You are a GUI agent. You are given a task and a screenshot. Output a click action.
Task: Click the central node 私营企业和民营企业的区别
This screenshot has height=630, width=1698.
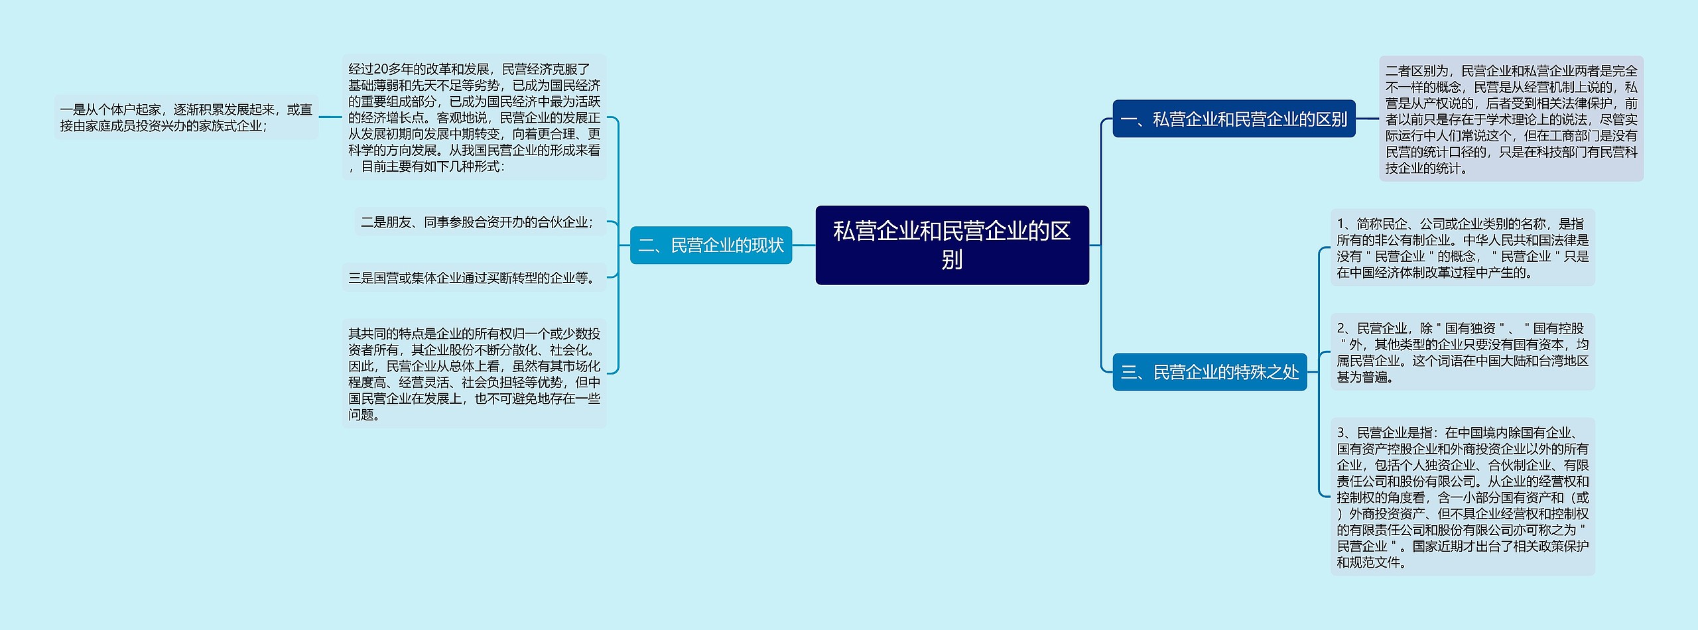[x=952, y=245]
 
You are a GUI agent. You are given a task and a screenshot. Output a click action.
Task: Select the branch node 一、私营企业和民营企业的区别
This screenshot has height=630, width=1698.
[x=1234, y=119]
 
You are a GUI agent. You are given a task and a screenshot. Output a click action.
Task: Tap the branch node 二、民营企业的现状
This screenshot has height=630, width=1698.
[x=710, y=245]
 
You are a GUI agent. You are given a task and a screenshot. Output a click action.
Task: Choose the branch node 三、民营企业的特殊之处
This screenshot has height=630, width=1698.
[x=1209, y=372]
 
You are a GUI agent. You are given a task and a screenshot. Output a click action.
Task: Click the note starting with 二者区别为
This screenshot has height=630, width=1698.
[x=1511, y=119]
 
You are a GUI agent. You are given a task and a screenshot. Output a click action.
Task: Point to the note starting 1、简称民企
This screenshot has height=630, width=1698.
[x=1463, y=247]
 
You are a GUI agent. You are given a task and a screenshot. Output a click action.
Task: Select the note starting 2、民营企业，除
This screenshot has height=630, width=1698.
[x=1463, y=352]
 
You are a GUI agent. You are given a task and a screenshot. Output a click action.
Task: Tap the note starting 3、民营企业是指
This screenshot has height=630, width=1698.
[x=1463, y=497]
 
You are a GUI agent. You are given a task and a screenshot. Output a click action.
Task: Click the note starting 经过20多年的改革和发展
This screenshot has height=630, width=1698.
[x=474, y=117]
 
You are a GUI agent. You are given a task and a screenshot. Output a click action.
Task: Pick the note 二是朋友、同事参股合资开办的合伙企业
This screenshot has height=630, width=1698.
[x=477, y=222]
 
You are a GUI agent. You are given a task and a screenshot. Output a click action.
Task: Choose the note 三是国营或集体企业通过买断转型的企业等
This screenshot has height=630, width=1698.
[x=472, y=278]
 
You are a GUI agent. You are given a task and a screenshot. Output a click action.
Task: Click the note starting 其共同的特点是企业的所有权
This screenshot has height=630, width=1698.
[x=474, y=373]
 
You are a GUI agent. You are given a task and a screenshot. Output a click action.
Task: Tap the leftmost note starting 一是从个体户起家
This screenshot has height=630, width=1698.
[x=186, y=117]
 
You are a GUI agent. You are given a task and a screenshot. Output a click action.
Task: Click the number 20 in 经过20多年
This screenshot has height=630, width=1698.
[x=381, y=69]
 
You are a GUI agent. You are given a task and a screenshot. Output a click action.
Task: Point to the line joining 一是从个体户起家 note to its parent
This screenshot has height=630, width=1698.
[x=330, y=117]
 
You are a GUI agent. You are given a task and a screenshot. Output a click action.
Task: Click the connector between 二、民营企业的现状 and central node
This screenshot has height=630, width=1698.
[x=804, y=245]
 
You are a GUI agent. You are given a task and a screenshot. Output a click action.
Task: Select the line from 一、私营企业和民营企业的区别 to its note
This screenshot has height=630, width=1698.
[x=1368, y=119]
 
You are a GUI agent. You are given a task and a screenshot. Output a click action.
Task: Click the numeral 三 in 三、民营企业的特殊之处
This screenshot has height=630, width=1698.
[x=1128, y=373]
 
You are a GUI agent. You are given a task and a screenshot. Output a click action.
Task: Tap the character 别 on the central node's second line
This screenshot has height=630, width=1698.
[x=952, y=260]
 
